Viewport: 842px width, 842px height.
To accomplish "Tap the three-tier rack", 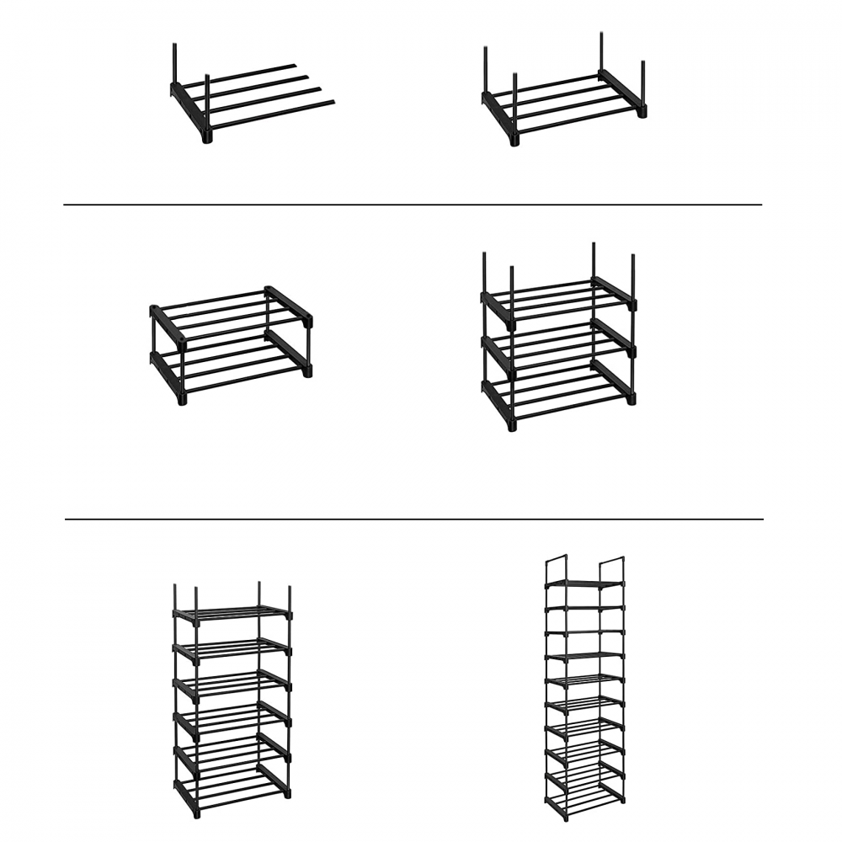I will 557,341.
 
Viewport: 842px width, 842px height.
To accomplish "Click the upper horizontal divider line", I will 413,205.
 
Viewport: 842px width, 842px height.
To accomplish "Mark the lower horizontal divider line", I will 413,519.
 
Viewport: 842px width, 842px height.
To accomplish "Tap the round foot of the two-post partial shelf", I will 207,136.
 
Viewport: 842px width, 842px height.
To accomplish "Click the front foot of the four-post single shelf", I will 514,139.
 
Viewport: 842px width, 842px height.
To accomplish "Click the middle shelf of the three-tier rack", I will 557,345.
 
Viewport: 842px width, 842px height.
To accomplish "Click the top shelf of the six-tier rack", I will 232,613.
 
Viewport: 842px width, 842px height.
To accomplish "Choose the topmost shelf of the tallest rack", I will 584,584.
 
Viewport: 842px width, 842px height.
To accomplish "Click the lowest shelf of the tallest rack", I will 584,795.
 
